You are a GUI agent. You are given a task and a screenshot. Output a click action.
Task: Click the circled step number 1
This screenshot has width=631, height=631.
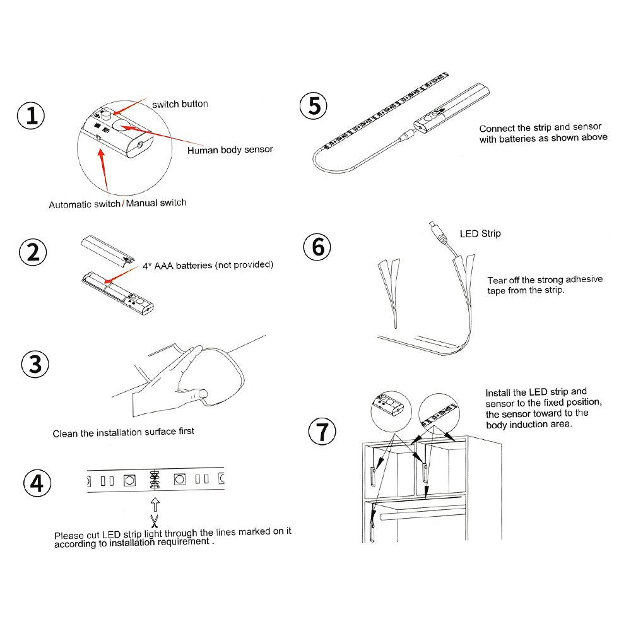click(31, 115)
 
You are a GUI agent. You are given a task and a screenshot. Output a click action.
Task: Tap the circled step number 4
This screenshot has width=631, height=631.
click(37, 483)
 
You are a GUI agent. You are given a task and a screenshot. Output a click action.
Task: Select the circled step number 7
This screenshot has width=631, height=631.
click(322, 431)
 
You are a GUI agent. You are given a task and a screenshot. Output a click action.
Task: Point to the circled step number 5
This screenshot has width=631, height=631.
click(314, 106)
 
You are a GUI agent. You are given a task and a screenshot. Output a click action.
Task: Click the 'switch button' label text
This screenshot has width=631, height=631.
click(180, 104)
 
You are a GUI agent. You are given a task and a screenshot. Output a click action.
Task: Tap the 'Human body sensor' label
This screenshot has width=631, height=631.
click(230, 150)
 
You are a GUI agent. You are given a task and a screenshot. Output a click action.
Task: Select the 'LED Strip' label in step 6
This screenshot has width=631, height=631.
click(480, 233)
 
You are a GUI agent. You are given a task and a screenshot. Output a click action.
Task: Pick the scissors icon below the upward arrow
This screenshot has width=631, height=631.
click(155, 521)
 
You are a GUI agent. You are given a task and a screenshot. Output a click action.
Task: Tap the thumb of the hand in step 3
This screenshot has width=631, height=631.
click(193, 394)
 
